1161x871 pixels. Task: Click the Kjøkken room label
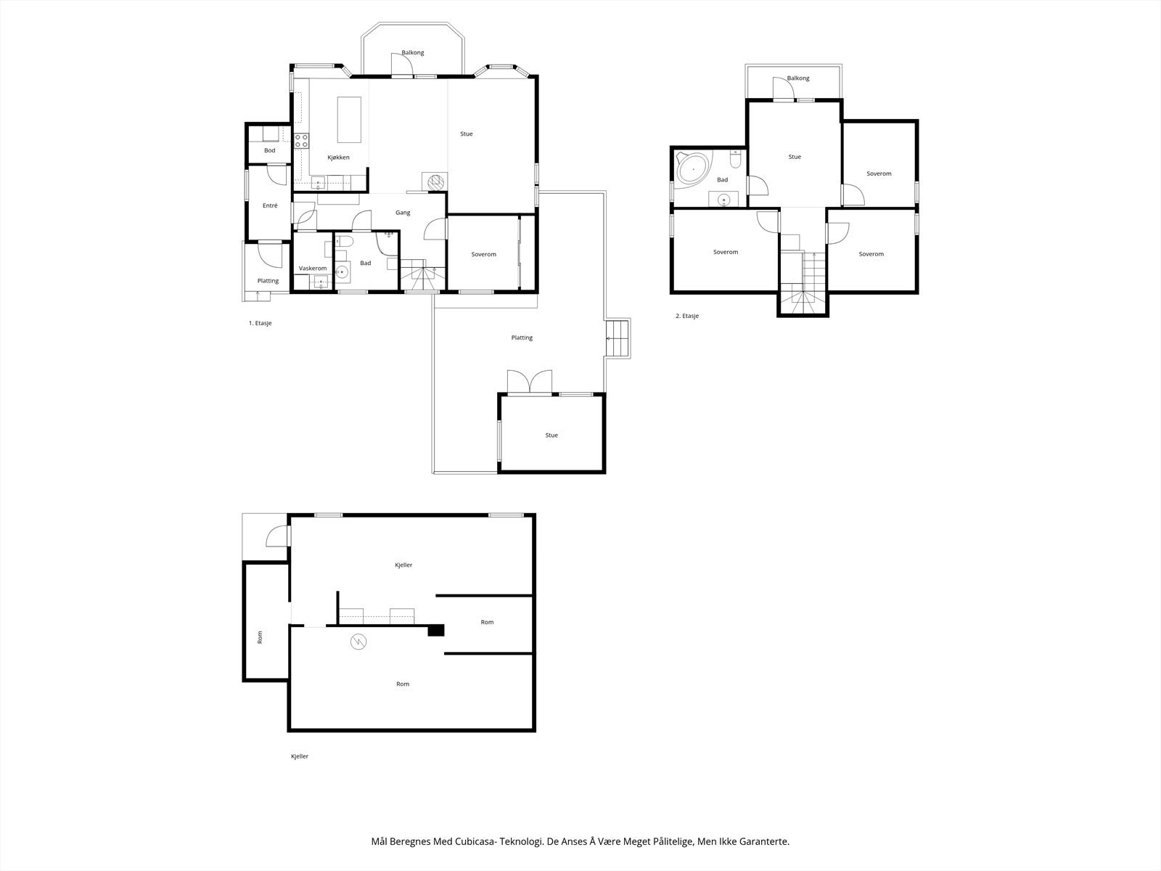pyautogui.click(x=338, y=157)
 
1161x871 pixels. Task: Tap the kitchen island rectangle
pyautogui.click(x=349, y=120)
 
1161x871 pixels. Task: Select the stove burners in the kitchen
pyautogui.click(x=301, y=141)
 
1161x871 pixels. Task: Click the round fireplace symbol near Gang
pyautogui.click(x=435, y=181)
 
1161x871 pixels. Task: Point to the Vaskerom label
pyautogui.click(x=313, y=268)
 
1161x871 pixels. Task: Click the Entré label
pyautogui.click(x=270, y=205)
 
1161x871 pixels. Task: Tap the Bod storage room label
pyautogui.click(x=270, y=150)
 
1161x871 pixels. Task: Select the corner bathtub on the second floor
pyautogui.click(x=692, y=170)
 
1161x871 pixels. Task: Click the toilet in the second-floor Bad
pyautogui.click(x=735, y=159)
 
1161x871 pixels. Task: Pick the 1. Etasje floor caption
pyautogui.click(x=260, y=323)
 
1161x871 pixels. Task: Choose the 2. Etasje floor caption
pyautogui.click(x=687, y=316)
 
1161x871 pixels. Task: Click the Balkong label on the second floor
pyautogui.click(x=798, y=78)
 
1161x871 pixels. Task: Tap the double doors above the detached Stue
pyautogui.click(x=530, y=382)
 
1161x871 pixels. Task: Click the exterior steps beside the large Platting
pyautogui.click(x=618, y=338)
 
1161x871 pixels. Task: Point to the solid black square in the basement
pyautogui.click(x=436, y=630)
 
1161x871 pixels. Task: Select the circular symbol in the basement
pyautogui.click(x=358, y=642)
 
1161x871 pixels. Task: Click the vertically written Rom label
pyautogui.click(x=260, y=637)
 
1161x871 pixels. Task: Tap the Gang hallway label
pyautogui.click(x=403, y=213)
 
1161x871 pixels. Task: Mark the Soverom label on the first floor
pyautogui.click(x=483, y=254)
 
